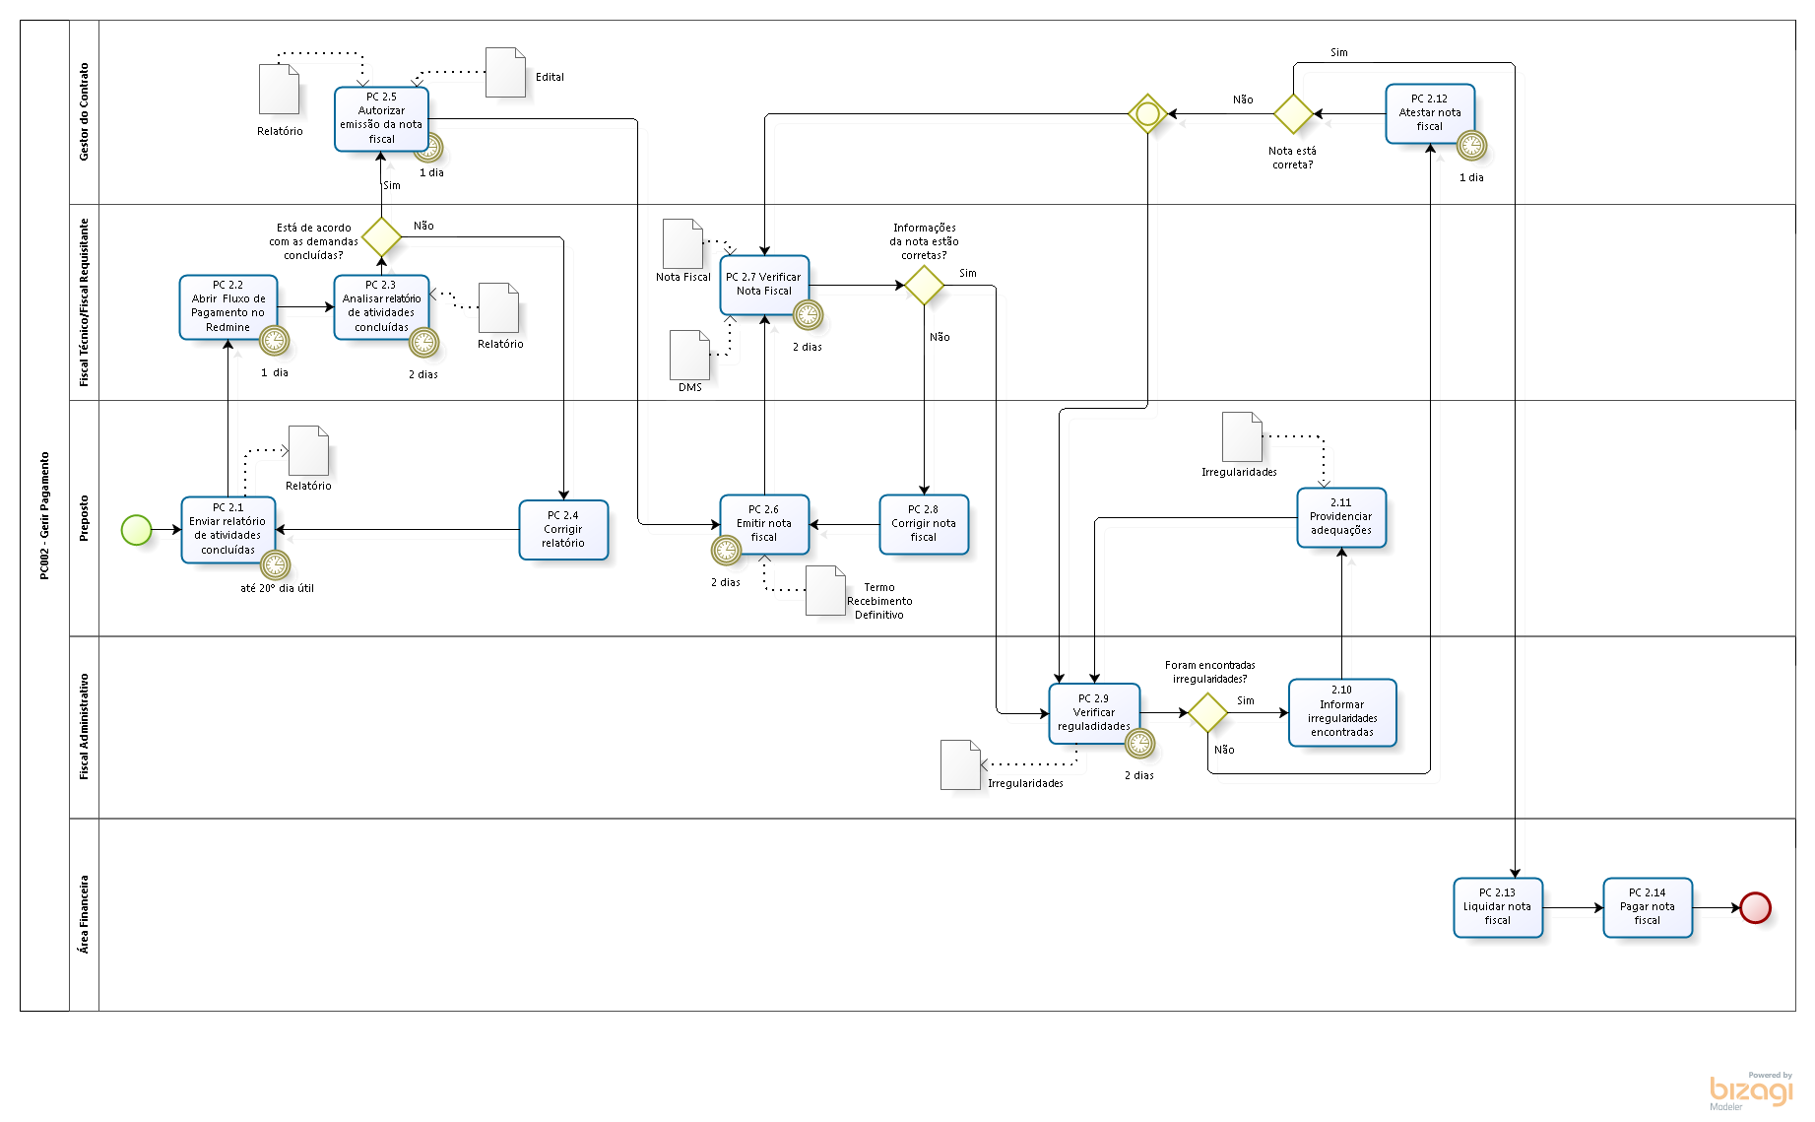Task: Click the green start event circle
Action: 136,530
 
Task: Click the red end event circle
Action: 1755,907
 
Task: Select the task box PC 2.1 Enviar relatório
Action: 227,529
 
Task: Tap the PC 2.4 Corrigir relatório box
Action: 563,529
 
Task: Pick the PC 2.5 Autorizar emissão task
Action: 381,118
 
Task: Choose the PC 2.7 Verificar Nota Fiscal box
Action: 763,285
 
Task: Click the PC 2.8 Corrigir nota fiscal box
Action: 924,524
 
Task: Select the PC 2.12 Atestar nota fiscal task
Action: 1429,113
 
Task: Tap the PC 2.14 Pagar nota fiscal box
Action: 1647,906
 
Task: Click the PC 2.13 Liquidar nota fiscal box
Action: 1497,906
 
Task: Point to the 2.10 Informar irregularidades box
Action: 1341,711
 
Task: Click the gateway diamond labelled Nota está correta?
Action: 1293,114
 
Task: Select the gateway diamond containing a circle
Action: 1147,114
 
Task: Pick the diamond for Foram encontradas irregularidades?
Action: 1207,712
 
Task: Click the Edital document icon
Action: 505,73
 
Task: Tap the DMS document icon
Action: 689,355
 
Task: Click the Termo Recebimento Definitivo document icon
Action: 825,591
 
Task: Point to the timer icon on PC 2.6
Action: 726,550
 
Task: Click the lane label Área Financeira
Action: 84,914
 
